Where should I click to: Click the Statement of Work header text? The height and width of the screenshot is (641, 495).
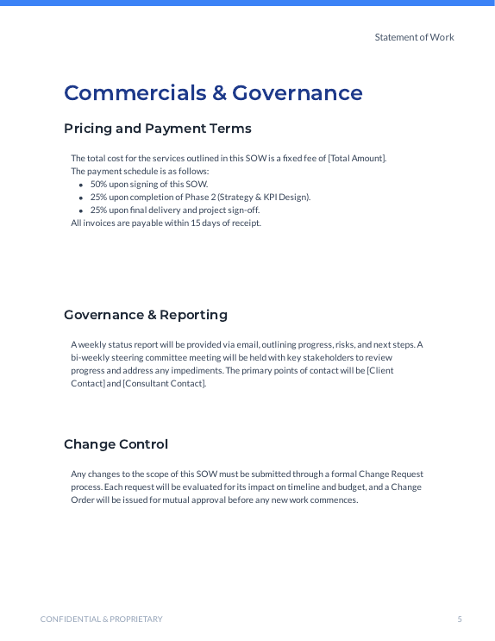click(x=414, y=37)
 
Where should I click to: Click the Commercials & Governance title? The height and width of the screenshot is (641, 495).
click(x=213, y=93)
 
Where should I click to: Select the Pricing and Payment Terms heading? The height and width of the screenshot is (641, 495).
click(x=158, y=129)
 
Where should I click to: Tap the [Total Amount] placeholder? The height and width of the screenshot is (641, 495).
click(x=356, y=158)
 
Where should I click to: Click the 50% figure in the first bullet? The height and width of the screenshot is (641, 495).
click(x=99, y=184)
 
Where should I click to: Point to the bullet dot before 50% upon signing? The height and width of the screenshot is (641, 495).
click(x=81, y=185)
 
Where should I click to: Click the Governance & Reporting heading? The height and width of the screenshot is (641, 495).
click(x=146, y=315)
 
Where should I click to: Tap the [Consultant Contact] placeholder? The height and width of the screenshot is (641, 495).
click(x=164, y=383)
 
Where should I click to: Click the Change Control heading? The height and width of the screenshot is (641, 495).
click(x=116, y=444)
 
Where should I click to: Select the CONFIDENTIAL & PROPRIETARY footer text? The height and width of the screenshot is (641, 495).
click(x=101, y=619)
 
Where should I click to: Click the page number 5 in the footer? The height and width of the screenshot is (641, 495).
click(x=460, y=619)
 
